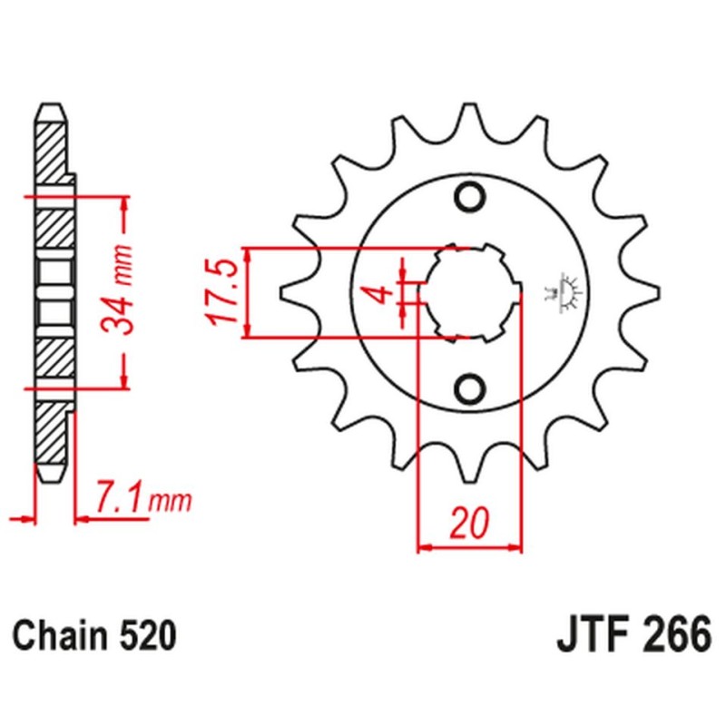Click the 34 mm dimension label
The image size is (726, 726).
point(123,290)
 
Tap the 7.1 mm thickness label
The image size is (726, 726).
point(141,497)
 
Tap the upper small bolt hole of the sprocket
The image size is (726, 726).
point(470,196)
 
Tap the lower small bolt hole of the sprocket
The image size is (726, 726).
point(470,388)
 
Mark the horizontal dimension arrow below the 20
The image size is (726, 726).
point(470,547)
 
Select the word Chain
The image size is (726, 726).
point(64,634)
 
